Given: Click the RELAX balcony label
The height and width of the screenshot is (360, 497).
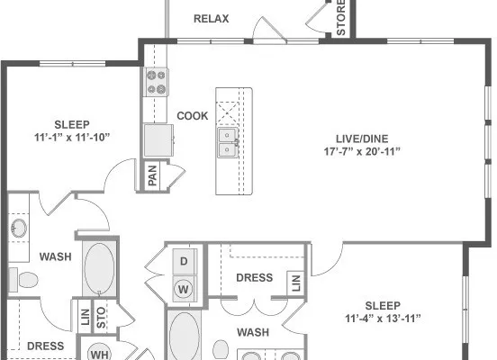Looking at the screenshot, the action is [211, 19].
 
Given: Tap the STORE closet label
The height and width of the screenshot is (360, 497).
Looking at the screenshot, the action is [340, 18].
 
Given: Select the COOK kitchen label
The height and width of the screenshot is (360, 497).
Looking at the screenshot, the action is [193, 116].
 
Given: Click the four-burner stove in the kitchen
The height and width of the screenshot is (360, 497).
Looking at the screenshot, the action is [157, 82].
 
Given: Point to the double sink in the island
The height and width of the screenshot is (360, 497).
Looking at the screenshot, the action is [228, 142].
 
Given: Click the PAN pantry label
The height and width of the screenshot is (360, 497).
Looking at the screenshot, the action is [152, 175].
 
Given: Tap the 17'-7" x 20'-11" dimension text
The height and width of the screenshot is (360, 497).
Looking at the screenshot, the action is [362, 151].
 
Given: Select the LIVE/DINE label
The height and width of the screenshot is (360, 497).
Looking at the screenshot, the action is [362, 139].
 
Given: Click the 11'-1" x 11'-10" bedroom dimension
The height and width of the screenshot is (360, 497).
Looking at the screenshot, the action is [72, 137].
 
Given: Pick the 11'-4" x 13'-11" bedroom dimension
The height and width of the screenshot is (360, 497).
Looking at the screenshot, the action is [383, 319].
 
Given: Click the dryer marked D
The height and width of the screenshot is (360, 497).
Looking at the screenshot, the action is [185, 261].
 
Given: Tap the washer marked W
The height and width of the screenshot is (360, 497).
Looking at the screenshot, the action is [184, 289].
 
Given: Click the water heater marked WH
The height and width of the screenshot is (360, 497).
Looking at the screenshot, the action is [99, 353].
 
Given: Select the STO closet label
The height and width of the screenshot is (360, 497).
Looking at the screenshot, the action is [101, 318].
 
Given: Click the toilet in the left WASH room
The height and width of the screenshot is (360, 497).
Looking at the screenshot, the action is [23, 280].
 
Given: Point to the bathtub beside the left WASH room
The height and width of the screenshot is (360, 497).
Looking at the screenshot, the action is [100, 268].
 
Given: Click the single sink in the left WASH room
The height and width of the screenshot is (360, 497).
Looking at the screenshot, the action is [19, 229].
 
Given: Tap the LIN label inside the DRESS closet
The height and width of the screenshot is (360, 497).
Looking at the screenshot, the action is [295, 283].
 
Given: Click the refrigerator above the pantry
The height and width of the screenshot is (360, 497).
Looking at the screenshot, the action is [158, 140].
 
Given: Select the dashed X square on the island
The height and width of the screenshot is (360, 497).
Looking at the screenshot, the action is [227, 113].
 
